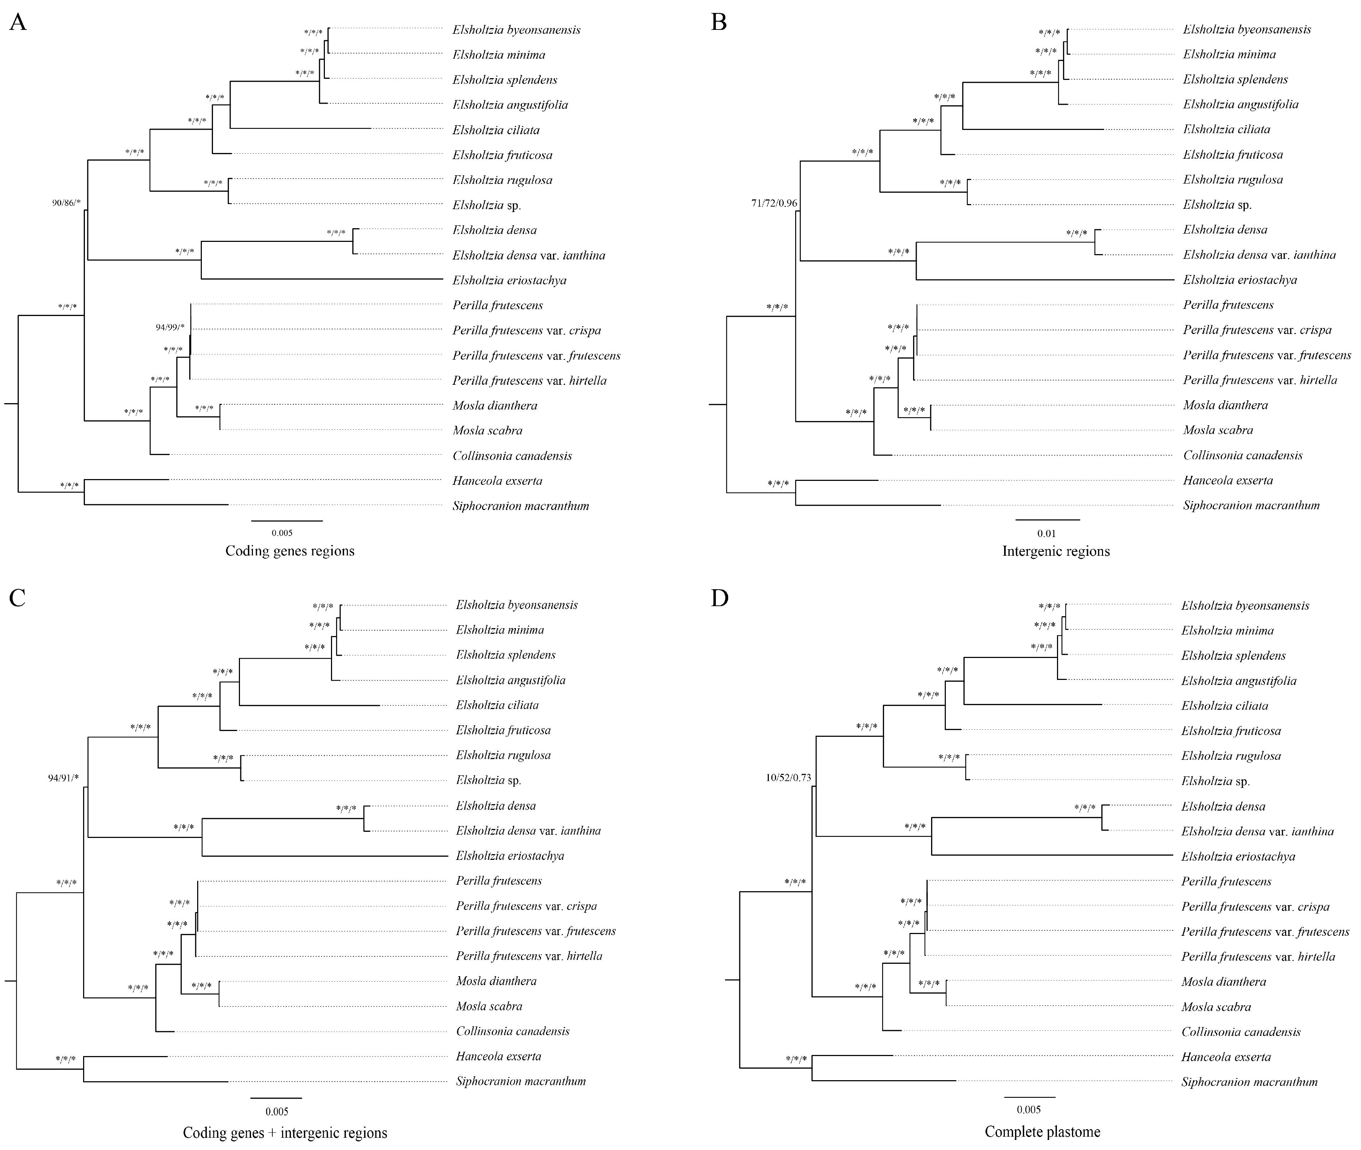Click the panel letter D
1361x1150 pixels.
click(x=719, y=598)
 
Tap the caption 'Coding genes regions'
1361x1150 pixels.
click(x=290, y=551)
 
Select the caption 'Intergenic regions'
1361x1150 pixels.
click(x=1056, y=551)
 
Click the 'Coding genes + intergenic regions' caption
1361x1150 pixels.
click(x=285, y=1132)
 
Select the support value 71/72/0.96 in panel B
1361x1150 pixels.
click(x=774, y=203)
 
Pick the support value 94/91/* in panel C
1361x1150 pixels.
click(x=63, y=778)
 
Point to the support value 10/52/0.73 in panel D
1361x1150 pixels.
click(x=788, y=778)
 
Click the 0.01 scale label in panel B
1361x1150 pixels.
click(x=1046, y=533)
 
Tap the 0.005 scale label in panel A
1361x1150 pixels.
click(x=282, y=533)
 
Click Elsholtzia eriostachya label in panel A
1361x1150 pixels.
click(x=509, y=280)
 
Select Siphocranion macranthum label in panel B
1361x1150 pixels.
click(x=1251, y=505)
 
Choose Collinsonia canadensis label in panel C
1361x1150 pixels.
click(x=513, y=1031)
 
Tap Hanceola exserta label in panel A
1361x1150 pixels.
click(x=497, y=481)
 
